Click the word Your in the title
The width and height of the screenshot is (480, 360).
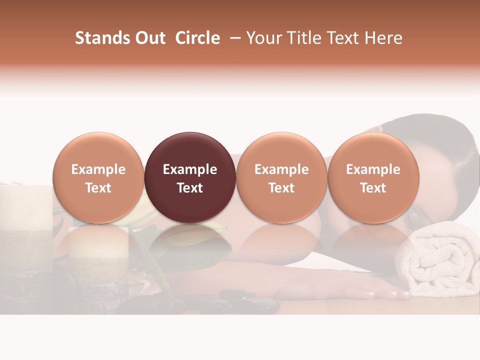click(262, 38)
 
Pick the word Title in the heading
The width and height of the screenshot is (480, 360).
click(300, 38)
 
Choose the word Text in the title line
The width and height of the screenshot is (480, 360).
click(340, 38)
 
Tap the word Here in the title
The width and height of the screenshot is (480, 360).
click(382, 38)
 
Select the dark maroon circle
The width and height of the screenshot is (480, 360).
click(190, 150)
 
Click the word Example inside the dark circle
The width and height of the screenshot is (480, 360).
click(190, 169)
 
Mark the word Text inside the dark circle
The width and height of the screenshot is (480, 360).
click(190, 188)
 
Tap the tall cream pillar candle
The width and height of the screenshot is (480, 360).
click(25, 210)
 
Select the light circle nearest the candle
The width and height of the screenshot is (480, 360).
click(98, 150)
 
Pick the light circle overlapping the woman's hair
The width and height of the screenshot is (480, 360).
click(373, 150)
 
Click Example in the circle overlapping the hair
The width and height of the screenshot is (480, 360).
click(373, 169)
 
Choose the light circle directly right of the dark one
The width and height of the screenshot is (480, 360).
click(281, 150)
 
